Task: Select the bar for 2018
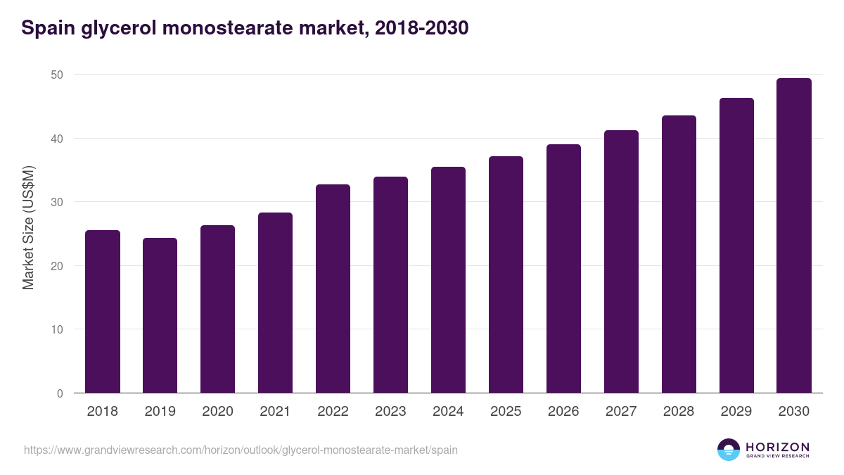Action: click(103, 312)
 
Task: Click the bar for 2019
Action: click(160, 315)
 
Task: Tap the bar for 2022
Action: click(333, 289)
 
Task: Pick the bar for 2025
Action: click(506, 274)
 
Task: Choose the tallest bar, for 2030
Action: click(794, 236)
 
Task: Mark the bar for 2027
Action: click(621, 262)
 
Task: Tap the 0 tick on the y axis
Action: click(60, 393)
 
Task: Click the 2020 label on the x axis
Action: click(218, 412)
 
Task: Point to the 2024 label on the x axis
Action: click(448, 412)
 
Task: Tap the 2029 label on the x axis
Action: click(736, 412)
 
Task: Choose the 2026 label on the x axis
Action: click(563, 412)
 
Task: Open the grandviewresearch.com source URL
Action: click(241, 450)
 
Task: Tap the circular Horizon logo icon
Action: click(729, 450)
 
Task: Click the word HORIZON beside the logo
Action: click(777, 447)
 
